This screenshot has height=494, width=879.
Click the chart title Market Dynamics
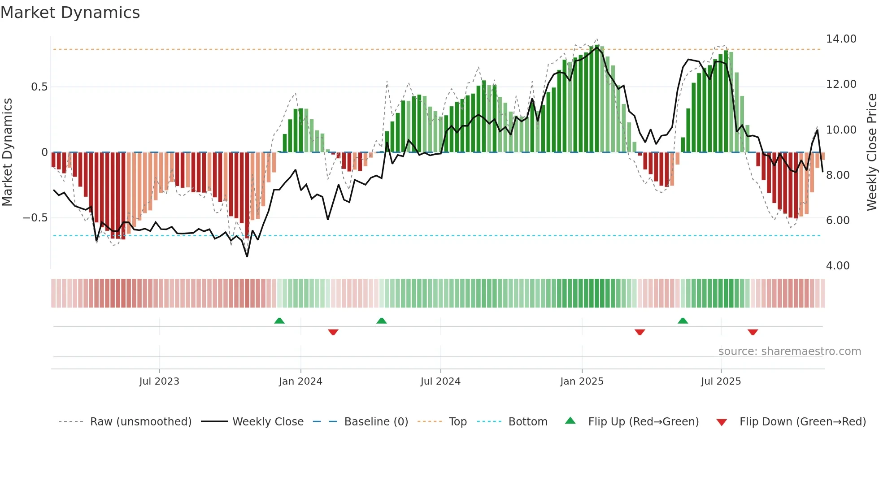(x=70, y=13)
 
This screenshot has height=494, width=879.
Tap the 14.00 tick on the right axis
(x=841, y=39)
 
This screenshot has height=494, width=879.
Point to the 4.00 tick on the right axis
(x=837, y=266)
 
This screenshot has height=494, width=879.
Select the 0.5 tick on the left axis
(x=39, y=87)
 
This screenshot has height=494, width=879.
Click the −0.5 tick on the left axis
(x=35, y=218)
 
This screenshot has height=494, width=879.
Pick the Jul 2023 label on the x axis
(x=159, y=381)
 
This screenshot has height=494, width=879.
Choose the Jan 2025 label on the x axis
(x=582, y=381)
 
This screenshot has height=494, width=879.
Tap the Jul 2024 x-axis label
(x=440, y=381)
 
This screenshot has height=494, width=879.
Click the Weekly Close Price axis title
(x=871, y=152)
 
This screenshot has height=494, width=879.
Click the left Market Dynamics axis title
(x=7, y=152)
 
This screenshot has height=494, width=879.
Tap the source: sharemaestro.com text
(x=789, y=351)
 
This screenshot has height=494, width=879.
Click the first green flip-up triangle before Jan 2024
(x=279, y=321)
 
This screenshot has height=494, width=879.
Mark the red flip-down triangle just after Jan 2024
(x=333, y=332)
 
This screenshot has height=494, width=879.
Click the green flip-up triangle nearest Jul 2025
(x=683, y=321)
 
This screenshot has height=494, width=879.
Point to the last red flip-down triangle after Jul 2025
(x=753, y=332)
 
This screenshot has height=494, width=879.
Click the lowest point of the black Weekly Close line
(x=247, y=256)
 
